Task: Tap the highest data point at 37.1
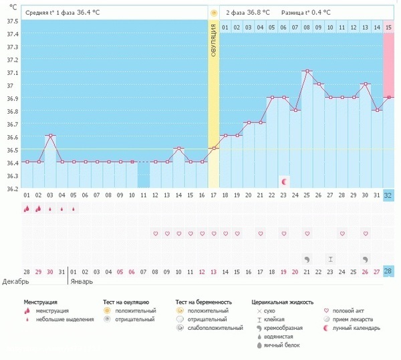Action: pos(307,71)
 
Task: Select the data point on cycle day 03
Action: pos(50,136)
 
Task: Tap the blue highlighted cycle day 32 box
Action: pos(388,195)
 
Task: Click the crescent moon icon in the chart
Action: pos(284,181)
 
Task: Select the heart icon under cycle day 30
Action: pos(365,234)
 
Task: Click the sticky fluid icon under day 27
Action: pos(330,258)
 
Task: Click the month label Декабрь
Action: pos(15,281)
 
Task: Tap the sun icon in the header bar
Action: pos(214,13)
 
